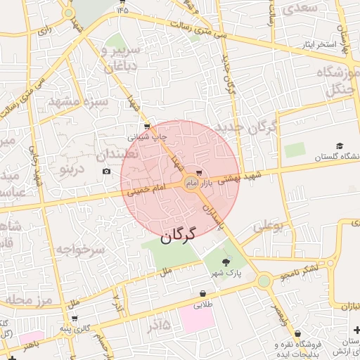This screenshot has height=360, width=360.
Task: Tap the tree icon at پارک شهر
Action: click(225, 262)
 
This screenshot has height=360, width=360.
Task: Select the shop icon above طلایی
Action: click(203, 294)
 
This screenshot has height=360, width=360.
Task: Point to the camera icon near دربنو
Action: click(106, 171)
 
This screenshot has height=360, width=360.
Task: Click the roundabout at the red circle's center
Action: click(191, 183)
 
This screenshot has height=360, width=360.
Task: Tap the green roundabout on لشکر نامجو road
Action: click(264, 281)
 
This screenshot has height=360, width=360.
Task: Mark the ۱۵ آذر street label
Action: click(158, 326)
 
